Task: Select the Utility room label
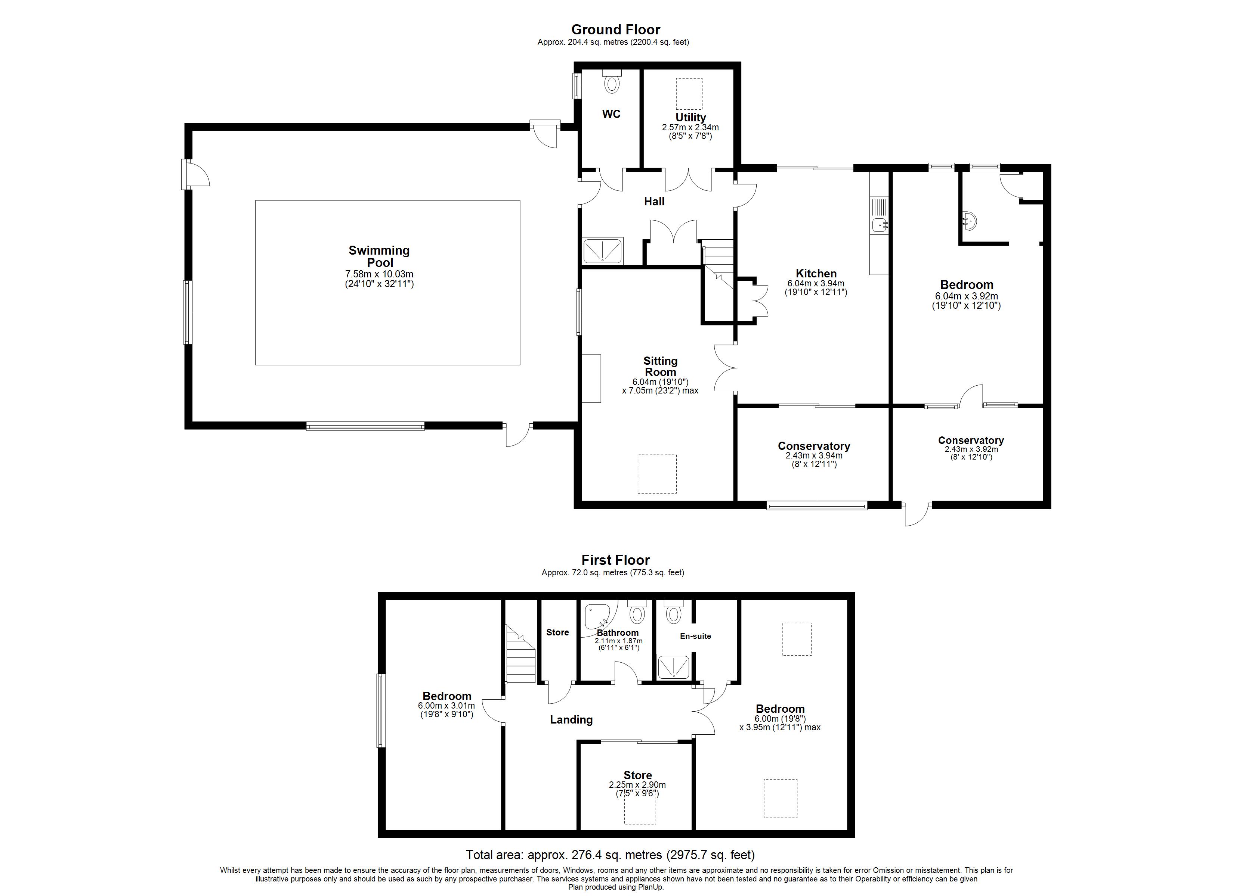(x=690, y=117)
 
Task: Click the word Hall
(x=654, y=202)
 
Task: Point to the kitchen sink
(x=879, y=223)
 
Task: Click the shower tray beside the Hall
(x=602, y=251)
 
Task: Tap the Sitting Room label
(x=661, y=366)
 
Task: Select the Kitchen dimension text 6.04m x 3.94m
(x=816, y=283)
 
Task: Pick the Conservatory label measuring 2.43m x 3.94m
(x=814, y=446)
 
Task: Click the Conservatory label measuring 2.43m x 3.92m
(x=971, y=441)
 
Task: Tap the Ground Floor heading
(x=615, y=29)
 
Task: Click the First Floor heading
(x=615, y=560)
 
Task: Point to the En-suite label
(x=695, y=636)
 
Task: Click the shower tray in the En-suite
(x=674, y=667)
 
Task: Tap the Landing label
(x=571, y=720)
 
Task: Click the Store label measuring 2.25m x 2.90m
(x=638, y=775)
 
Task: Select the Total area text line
(x=610, y=855)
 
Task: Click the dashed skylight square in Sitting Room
(x=657, y=474)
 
